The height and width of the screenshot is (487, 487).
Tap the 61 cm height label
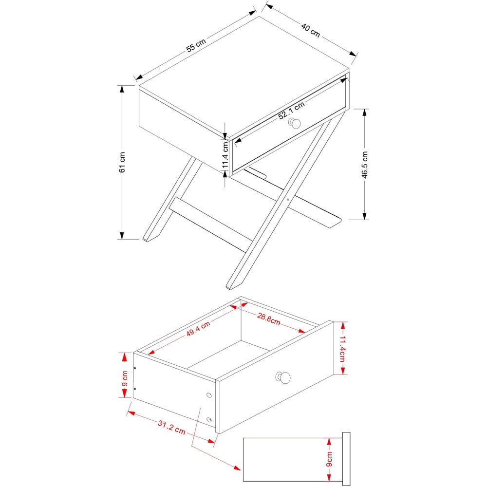[x=122, y=162]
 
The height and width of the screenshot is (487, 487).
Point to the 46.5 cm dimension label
[x=364, y=165]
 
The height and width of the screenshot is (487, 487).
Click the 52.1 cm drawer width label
[x=291, y=111]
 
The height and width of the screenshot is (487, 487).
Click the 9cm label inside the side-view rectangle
[x=329, y=459]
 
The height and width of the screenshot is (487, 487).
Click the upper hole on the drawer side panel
[x=209, y=395]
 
